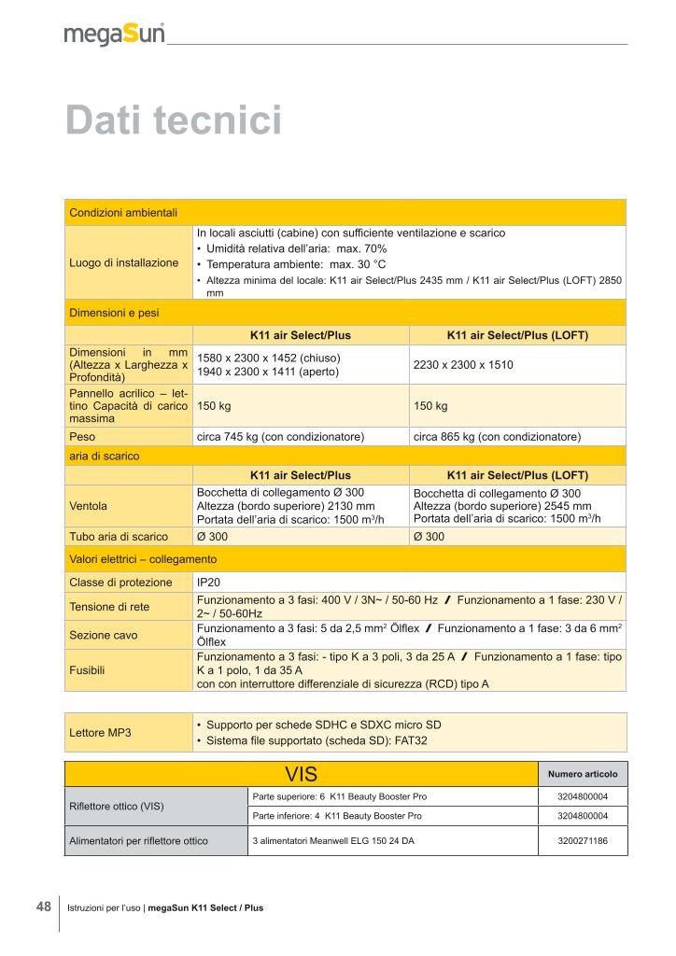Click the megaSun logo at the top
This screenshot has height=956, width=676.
pyautogui.click(x=114, y=35)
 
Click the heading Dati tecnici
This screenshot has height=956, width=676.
pyautogui.click(x=173, y=121)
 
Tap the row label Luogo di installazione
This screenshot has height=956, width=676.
pyautogui.click(x=124, y=262)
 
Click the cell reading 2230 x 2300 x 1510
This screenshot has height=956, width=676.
pyautogui.click(x=463, y=365)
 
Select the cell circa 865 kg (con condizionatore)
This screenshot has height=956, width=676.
pyautogui.click(x=497, y=436)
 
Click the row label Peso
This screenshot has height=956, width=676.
pyautogui.click(x=82, y=436)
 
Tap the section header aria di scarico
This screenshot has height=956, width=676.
pyautogui.click(x=105, y=456)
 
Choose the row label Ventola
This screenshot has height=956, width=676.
pyautogui.click(x=89, y=506)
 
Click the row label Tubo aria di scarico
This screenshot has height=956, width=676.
pyautogui.click(x=119, y=537)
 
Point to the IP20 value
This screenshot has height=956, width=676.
pyautogui.click(x=209, y=583)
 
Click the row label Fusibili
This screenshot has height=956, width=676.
pyautogui.click(x=87, y=669)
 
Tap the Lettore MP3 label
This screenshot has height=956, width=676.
pyautogui.click(x=101, y=732)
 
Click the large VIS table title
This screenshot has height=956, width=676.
pyautogui.click(x=302, y=775)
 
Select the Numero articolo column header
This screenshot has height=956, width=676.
pyautogui.click(x=583, y=775)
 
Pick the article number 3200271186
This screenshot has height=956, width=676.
pyautogui.click(x=583, y=841)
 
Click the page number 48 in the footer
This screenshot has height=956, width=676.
pyautogui.click(x=44, y=907)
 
